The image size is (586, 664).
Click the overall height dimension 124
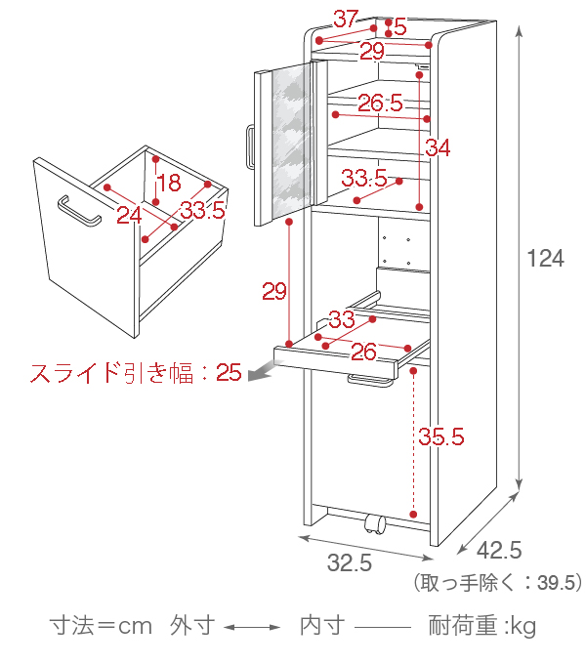point(545,258)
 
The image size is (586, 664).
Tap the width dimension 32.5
point(350,562)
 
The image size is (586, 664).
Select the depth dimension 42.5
point(499,550)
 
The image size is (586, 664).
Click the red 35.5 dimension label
point(441,436)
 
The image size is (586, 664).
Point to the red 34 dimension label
point(438,147)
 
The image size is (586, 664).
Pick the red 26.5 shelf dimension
point(380,103)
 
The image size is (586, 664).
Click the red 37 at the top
point(346,19)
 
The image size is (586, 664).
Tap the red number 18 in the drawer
point(169,183)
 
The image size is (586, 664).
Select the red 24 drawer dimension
point(129,215)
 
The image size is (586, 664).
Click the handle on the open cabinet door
point(250,146)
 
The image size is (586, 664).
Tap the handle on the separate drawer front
point(79,211)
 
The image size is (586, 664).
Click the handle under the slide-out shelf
point(370,380)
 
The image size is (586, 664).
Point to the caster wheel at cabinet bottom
point(374,525)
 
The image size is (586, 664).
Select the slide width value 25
point(229,372)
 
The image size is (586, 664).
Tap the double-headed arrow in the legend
point(252,627)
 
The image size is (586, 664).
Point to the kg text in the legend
point(523,627)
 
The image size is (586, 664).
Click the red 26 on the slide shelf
point(363,352)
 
